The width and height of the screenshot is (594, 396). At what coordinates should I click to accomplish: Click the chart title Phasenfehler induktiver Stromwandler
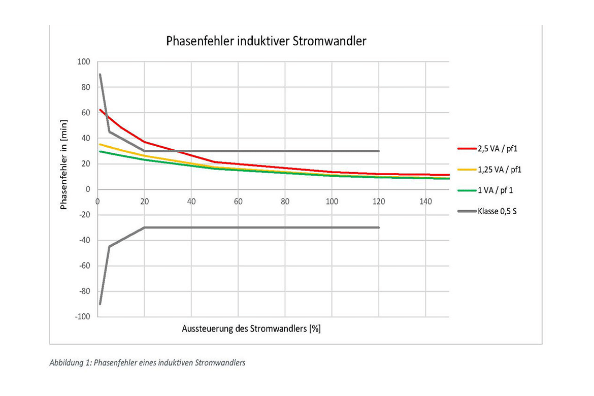tap(266, 42)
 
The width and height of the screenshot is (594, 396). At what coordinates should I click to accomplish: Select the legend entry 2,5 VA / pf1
tap(498, 149)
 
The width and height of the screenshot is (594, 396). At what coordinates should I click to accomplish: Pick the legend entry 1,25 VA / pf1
tap(500, 169)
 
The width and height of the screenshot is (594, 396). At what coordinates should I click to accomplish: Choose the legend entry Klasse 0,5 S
tap(497, 210)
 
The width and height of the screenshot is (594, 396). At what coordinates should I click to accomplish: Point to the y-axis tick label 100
tap(83, 62)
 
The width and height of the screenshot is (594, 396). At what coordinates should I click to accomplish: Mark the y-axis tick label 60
tap(85, 113)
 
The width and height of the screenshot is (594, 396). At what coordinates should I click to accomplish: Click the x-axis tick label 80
tap(285, 201)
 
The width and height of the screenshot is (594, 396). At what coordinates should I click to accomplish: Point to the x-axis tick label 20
tap(144, 201)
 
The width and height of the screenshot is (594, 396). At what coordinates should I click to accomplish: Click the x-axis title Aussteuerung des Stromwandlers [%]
tap(251, 328)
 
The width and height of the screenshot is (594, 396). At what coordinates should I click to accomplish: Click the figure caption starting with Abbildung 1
tap(147, 363)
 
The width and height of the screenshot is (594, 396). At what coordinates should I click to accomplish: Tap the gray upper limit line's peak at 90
tap(100, 75)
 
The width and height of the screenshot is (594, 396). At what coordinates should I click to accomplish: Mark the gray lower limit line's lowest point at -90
tap(100, 304)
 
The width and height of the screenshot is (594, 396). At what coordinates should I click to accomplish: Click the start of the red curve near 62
tap(100, 110)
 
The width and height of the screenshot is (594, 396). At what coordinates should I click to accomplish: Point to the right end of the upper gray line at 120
tap(379, 151)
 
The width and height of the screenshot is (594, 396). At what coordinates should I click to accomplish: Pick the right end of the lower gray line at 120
tap(379, 227)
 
